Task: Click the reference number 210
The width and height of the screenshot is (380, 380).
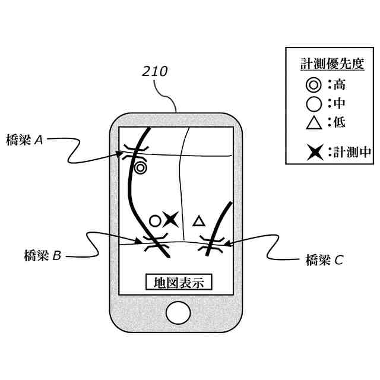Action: (155, 72)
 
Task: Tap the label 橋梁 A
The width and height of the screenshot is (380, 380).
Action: (24, 140)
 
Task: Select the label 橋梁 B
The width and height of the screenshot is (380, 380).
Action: (39, 256)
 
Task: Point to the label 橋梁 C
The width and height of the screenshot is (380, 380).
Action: (324, 259)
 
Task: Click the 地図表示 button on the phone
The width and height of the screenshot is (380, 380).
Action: (179, 283)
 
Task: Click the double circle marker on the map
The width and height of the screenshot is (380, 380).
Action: (140, 168)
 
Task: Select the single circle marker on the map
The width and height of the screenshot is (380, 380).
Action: (154, 221)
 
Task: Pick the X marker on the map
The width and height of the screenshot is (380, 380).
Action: (171, 219)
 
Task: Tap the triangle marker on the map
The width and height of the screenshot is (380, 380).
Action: (199, 221)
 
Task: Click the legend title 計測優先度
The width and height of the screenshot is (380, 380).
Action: (329, 64)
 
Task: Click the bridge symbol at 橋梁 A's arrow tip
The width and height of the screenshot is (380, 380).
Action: (135, 153)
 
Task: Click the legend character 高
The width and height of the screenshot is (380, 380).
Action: (340, 85)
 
